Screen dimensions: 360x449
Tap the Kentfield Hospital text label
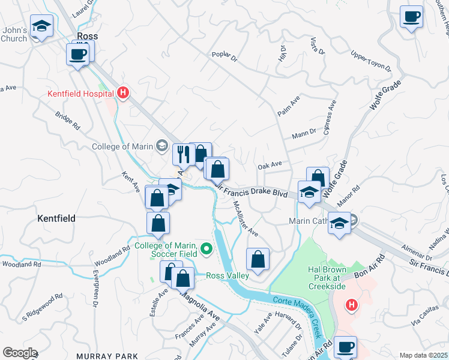pyautogui.click(x=80, y=94)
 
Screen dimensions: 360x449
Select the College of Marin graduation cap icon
pyautogui.click(x=161, y=145)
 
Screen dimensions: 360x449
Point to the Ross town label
pyautogui.click(x=86, y=36)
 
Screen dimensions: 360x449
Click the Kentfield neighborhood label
pyautogui.click(x=56, y=218)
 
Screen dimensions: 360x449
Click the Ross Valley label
pyautogui.click(x=227, y=276)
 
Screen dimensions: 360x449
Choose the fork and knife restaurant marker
pyautogui.click(x=182, y=154)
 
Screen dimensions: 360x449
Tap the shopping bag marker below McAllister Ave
pyautogui.click(x=258, y=259)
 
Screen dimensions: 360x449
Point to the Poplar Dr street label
pyautogui.click(x=225, y=55)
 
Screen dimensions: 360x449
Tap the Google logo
pyautogui.click(x=20, y=353)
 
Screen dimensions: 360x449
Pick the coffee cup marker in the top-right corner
pyautogui.click(x=412, y=16)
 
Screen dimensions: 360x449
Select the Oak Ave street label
pyautogui.click(x=270, y=164)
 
